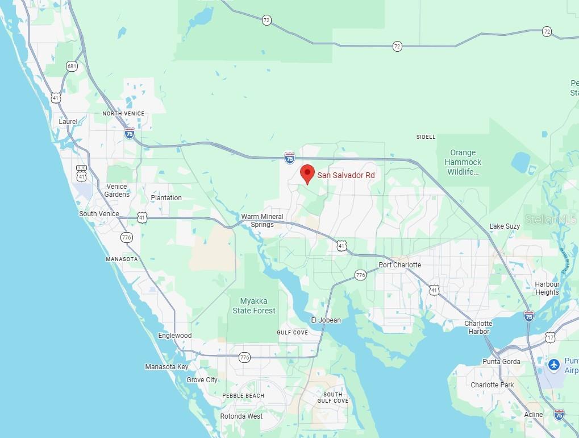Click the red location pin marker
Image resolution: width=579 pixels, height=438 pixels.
pyautogui.click(x=307, y=172)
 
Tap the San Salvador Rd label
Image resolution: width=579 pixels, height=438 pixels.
pyautogui.click(x=346, y=175)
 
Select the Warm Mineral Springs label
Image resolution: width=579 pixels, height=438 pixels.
pyautogui.click(x=262, y=221)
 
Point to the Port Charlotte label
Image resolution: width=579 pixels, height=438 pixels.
pyautogui.click(x=400, y=265)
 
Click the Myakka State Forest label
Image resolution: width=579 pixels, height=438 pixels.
pyautogui.click(x=254, y=306)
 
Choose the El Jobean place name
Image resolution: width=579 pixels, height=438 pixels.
pyautogui.click(x=326, y=320)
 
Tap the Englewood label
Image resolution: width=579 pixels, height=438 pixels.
pyautogui.click(x=175, y=336)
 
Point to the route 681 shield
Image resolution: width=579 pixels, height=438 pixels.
pyautogui.click(x=71, y=67)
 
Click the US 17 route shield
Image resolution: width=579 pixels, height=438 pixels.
pyautogui.click(x=550, y=337)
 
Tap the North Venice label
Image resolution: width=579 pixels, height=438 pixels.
pyautogui.click(x=123, y=114)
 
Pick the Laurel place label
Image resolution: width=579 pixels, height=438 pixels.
pyautogui.click(x=68, y=122)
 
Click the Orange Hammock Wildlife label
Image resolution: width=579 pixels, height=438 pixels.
pyautogui.click(x=463, y=162)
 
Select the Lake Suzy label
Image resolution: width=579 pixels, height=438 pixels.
pyautogui.click(x=505, y=226)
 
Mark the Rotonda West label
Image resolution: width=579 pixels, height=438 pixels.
pyautogui.click(x=241, y=416)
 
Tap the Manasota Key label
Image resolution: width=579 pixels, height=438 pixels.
pyautogui.click(x=166, y=367)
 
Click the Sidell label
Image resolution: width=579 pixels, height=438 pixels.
pyautogui.click(x=426, y=137)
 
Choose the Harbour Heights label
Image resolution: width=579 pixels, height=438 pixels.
pyautogui.click(x=547, y=288)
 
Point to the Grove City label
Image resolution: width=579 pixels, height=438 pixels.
pyautogui.click(x=202, y=380)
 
